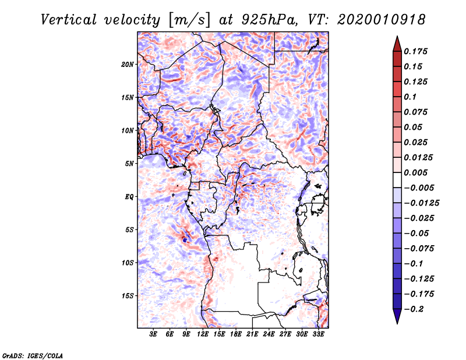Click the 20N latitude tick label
[128, 64]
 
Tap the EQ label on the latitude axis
[129, 197]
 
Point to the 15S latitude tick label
[128, 296]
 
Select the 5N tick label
[129, 164]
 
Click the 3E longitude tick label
[154, 335]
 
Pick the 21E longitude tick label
[252, 335]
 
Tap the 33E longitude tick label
[318, 335]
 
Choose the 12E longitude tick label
[203, 335]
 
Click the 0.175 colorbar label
[416, 51]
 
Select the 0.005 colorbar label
[416, 172]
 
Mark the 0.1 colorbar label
[411, 97]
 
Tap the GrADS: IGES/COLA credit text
[33, 355]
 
